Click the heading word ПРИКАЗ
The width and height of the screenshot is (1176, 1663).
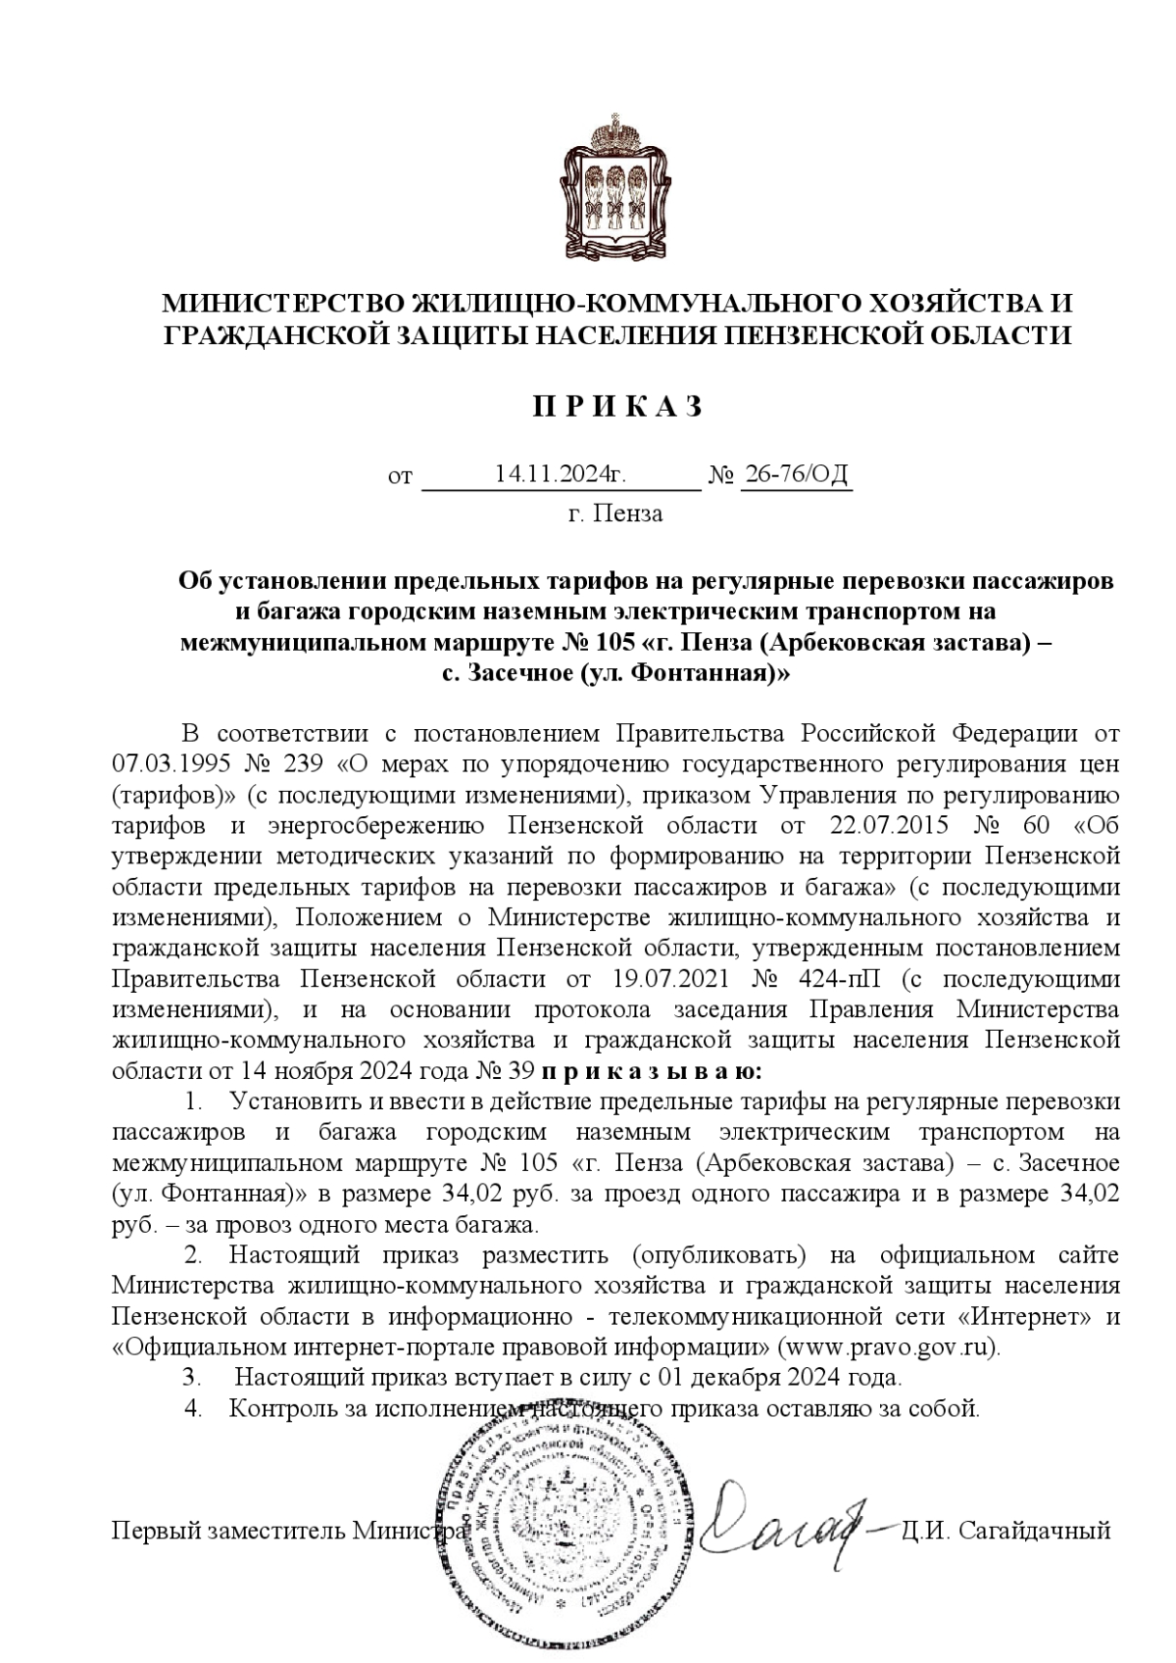(617, 407)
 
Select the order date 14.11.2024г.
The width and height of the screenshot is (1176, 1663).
(561, 474)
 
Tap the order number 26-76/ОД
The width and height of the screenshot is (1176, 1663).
(796, 474)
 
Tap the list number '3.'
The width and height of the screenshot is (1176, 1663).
(192, 1377)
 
